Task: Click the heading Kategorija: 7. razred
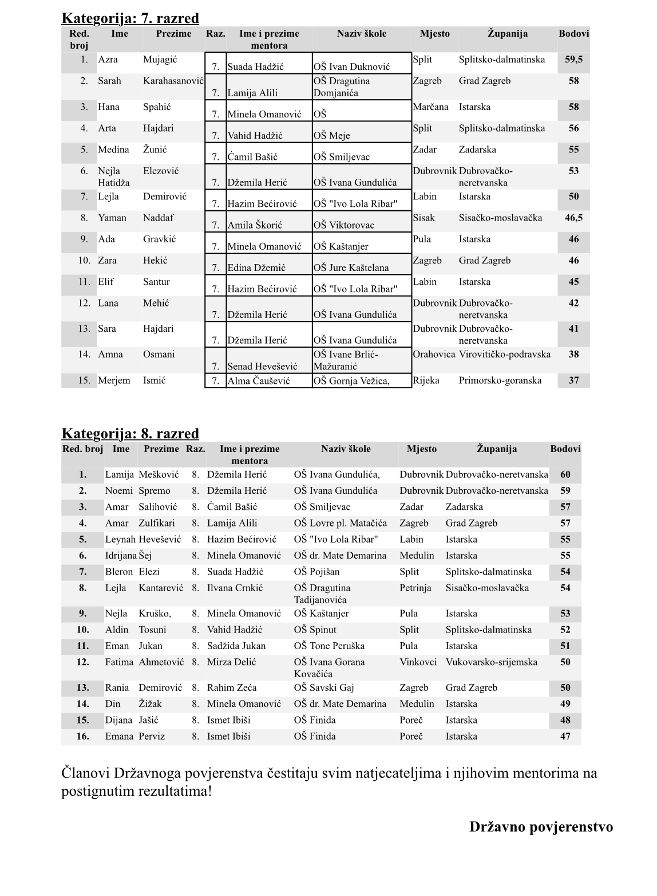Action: tap(130, 18)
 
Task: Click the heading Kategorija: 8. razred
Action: tap(130, 433)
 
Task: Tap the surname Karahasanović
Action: tap(173, 81)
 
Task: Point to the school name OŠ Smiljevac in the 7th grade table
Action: tap(341, 157)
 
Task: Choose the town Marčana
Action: tap(430, 107)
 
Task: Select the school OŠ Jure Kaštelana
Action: tap(351, 268)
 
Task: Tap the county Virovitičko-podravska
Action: tap(504, 354)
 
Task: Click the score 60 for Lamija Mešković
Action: tap(565, 474)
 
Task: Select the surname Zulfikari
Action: tap(156, 523)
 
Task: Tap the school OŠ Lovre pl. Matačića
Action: tap(340, 523)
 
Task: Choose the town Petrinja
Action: tap(415, 588)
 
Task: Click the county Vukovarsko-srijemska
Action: tap(491, 662)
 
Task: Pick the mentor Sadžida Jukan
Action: tap(236, 646)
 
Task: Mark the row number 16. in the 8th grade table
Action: tap(83, 736)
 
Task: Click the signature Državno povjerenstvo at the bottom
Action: tap(541, 827)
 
